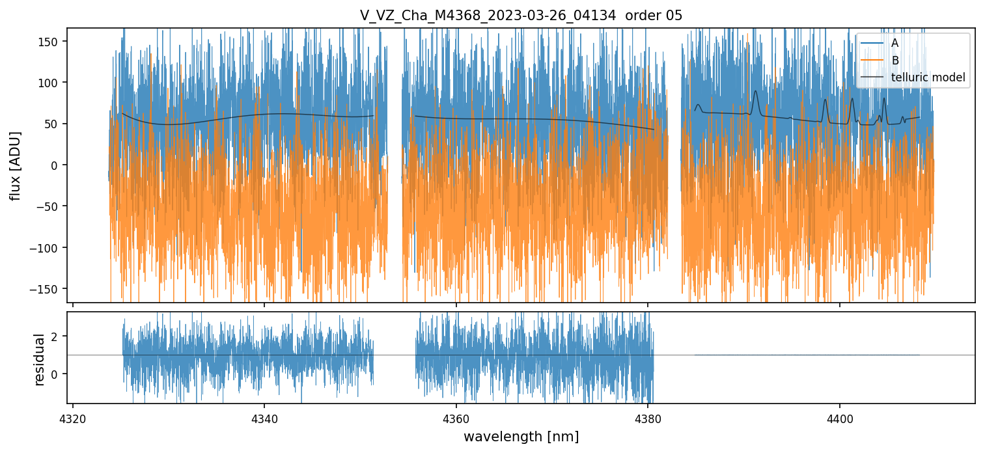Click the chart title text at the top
(x=521, y=16)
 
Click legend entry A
(x=895, y=43)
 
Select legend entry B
(x=895, y=61)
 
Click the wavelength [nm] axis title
(x=521, y=436)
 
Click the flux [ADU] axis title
(x=15, y=165)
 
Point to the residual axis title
(x=40, y=359)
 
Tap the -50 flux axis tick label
(x=49, y=206)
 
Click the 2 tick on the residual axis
(x=56, y=336)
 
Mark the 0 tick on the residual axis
(x=56, y=374)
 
